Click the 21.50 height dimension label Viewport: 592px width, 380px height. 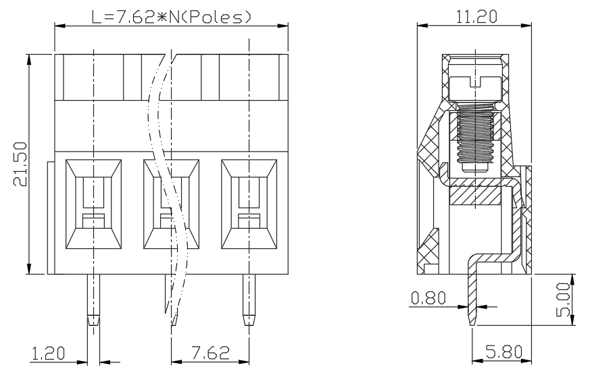point(20,164)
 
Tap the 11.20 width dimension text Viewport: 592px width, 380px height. point(476,17)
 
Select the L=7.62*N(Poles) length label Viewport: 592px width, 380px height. point(171,17)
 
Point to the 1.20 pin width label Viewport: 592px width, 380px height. point(48,353)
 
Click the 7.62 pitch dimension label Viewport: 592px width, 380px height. point(210,353)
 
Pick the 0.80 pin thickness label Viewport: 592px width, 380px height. point(428,298)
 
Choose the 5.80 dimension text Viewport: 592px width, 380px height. point(503,352)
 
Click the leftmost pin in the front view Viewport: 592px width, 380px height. point(94,300)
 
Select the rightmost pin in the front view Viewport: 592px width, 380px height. point(249,300)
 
